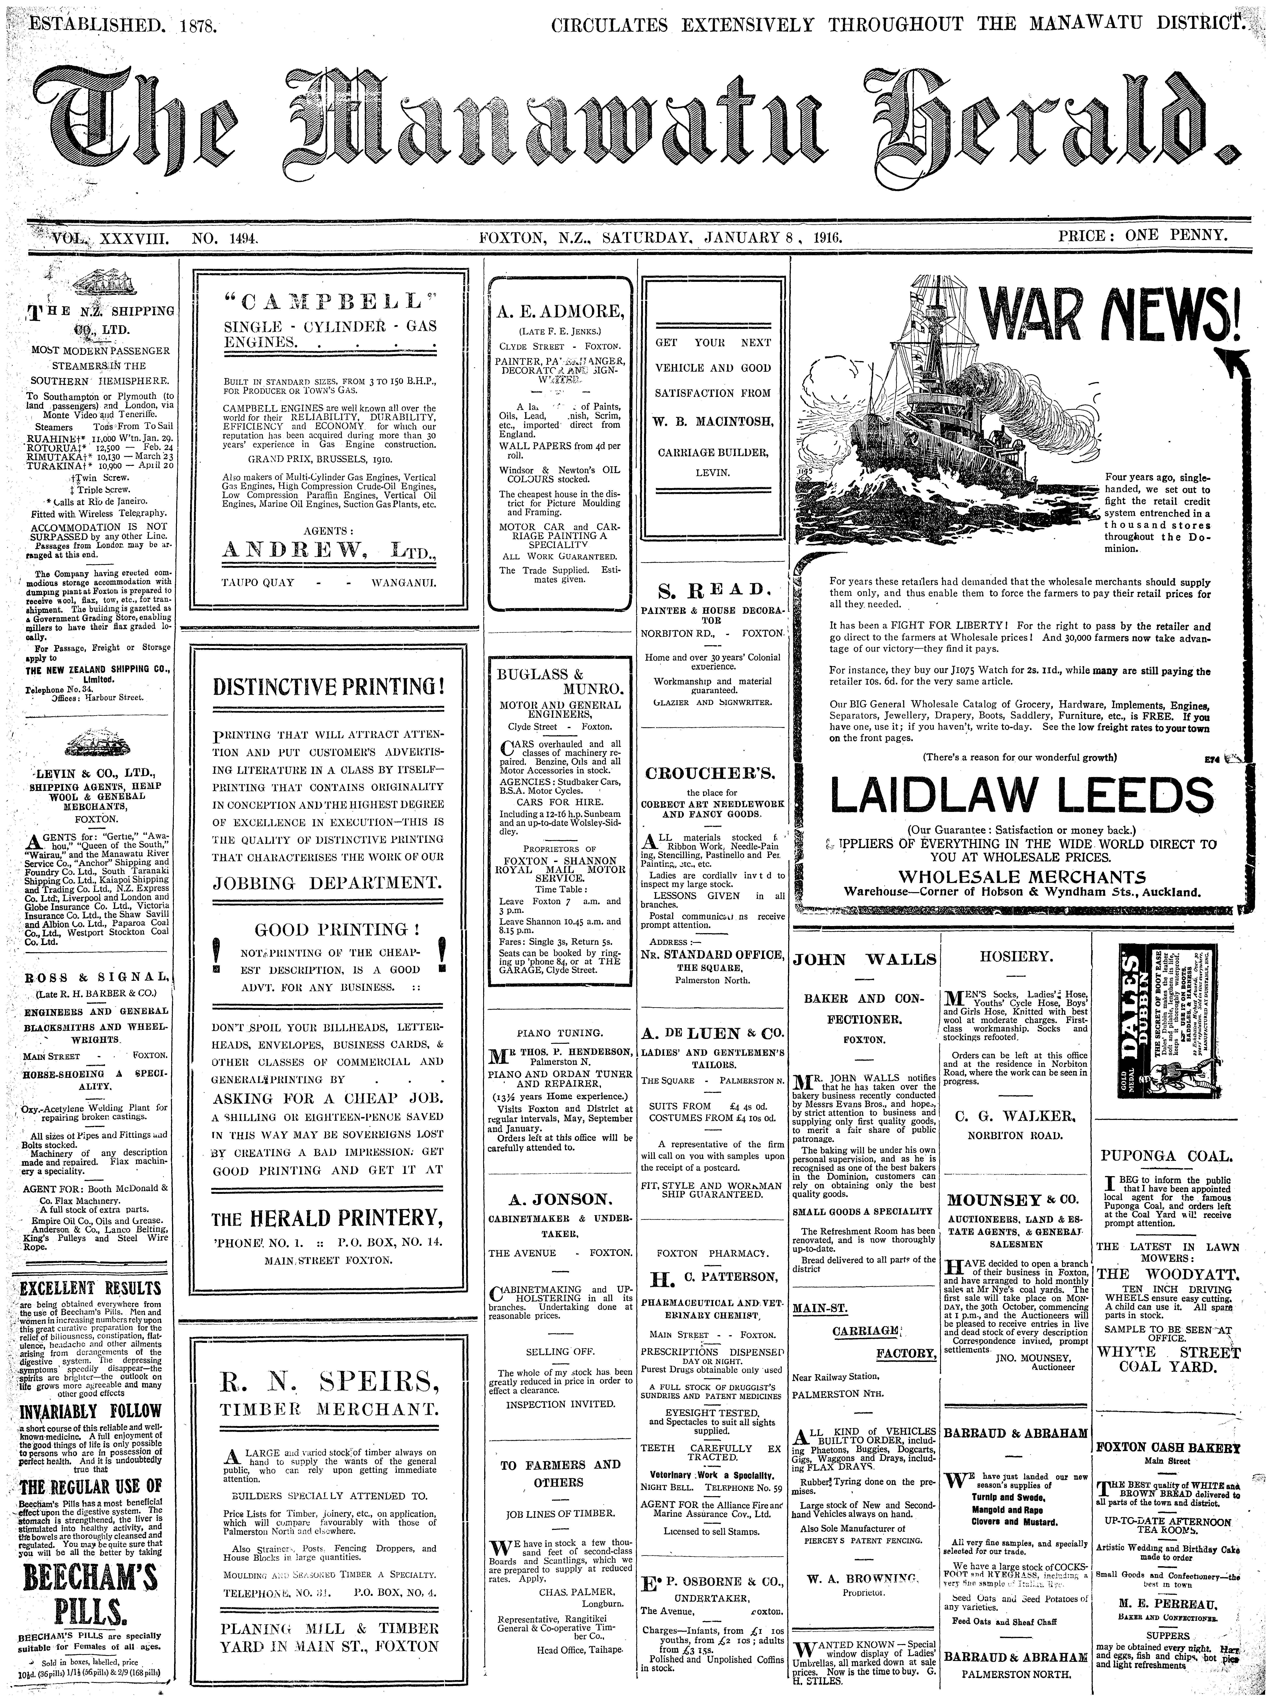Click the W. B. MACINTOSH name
click(x=712, y=421)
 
